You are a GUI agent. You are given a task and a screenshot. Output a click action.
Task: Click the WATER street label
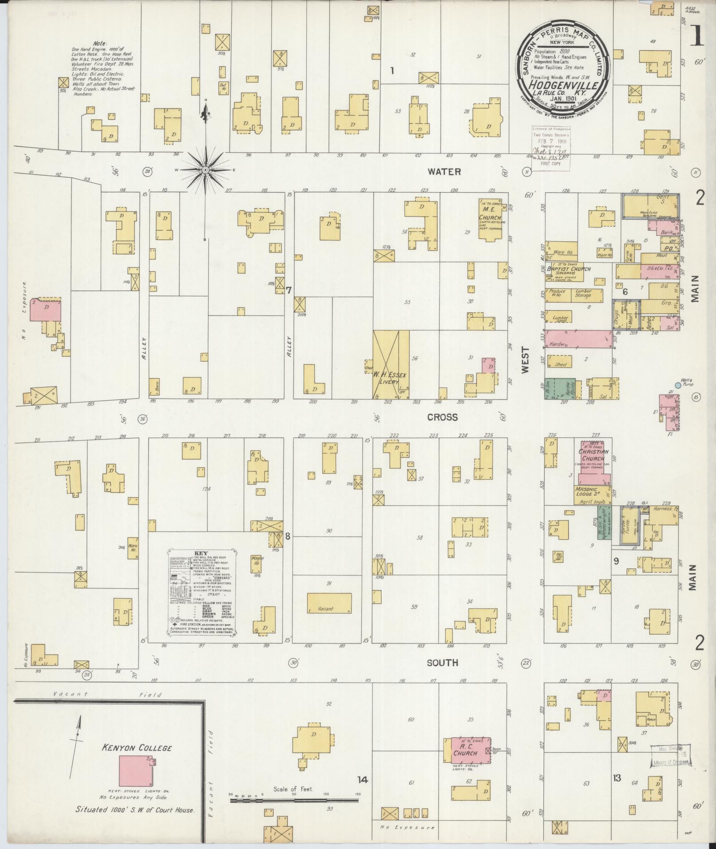444,172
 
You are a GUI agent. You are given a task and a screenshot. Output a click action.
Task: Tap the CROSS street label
442,417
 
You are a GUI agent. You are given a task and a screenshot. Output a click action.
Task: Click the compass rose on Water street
206,170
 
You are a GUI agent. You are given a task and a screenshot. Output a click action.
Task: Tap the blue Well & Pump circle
678,385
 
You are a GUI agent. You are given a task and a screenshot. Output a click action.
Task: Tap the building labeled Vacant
329,604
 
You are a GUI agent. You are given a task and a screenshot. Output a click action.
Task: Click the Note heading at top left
100,43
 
